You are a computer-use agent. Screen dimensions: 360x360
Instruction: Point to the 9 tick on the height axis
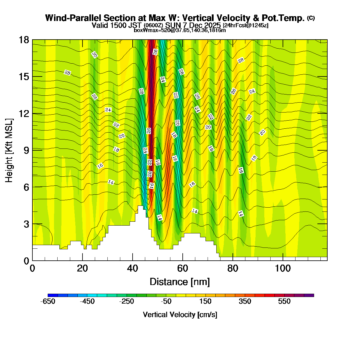(x=25, y=150)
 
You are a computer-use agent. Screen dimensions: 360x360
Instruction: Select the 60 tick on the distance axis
(x=182, y=268)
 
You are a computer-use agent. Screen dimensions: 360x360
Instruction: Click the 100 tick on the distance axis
(x=283, y=268)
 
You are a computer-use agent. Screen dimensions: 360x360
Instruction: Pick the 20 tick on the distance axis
(x=82, y=268)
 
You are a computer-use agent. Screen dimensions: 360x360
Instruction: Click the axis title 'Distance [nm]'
(x=179, y=282)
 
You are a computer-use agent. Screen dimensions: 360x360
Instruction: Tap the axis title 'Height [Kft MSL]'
(x=9, y=150)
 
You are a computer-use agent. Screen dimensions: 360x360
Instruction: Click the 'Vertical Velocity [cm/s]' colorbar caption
(x=180, y=315)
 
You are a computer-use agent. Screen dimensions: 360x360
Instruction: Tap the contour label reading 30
(x=94, y=55)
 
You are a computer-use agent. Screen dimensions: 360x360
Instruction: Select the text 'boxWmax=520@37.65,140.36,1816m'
(x=180, y=30)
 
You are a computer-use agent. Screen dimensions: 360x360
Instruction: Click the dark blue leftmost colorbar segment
(x=52, y=295)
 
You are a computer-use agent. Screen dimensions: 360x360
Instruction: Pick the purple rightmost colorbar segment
(x=309, y=295)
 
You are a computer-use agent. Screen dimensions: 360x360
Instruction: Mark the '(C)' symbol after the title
(x=311, y=18)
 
